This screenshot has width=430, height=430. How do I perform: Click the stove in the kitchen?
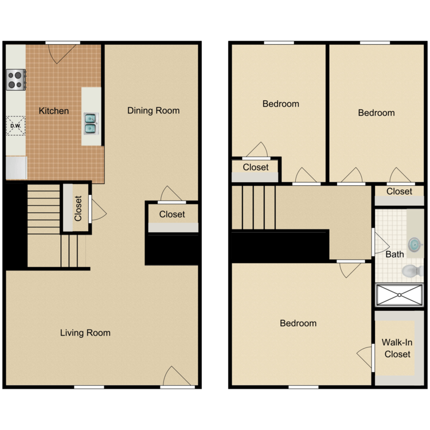click(x=16, y=79)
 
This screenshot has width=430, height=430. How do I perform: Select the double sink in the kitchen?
click(x=91, y=123)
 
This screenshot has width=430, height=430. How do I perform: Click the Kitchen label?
click(x=54, y=111)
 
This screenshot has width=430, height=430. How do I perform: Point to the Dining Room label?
click(x=153, y=111)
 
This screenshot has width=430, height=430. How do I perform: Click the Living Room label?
click(x=85, y=333)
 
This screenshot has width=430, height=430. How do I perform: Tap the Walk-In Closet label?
click(x=397, y=348)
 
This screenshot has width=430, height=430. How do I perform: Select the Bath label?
click(x=394, y=254)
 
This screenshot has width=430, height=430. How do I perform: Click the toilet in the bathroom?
click(x=412, y=271)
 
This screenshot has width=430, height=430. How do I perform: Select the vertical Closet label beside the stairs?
click(x=78, y=209)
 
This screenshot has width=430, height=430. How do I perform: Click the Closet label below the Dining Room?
click(x=172, y=214)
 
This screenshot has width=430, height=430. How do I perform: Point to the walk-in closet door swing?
click(x=365, y=358)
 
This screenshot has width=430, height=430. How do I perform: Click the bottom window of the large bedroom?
click(x=303, y=386)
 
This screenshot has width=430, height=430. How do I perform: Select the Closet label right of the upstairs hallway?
click(x=399, y=191)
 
